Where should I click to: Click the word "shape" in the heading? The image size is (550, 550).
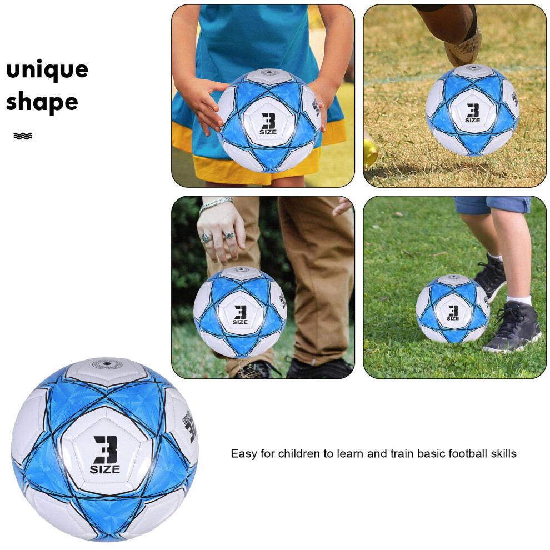[x=42, y=102]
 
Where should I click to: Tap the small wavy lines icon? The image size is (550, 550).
[x=23, y=136]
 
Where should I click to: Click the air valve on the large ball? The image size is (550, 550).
[x=107, y=364]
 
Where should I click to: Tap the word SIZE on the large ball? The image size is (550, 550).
[x=105, y=469]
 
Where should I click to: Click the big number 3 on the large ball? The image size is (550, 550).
[x=106, y=449]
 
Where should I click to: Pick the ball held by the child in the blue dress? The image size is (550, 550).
[x=269, y=121]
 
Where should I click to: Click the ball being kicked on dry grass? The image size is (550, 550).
[x=472, y=110]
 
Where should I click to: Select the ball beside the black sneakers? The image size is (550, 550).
[x=453, y=309]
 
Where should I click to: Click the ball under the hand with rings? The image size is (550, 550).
[x=240, y=312]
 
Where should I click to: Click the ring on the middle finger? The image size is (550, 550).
[x=229, y=236]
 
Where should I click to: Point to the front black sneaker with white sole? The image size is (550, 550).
[x=512, y=328]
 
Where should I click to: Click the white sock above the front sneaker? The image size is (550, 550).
[x=519, y=300]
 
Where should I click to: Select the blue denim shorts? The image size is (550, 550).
[x=492, y=205]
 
